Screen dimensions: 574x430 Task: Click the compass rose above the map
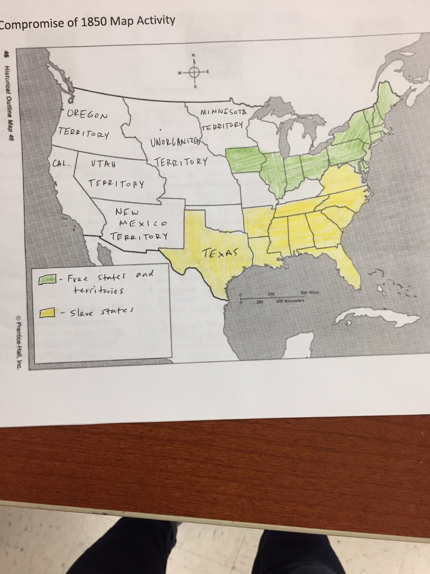click(194, 72)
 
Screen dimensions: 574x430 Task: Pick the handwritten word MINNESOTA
click(224, 112)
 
